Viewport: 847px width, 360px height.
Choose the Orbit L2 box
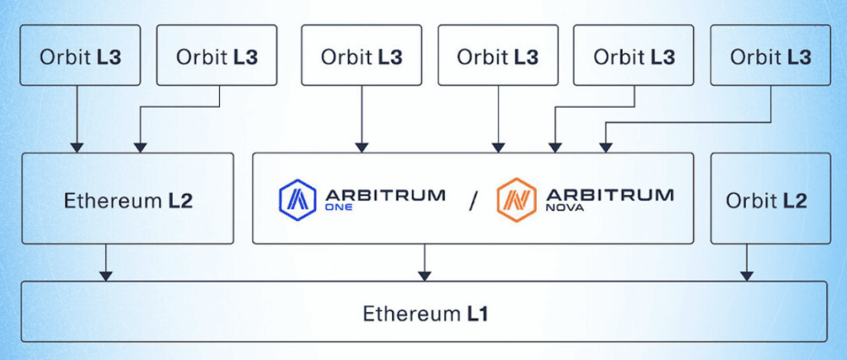coord(768,199)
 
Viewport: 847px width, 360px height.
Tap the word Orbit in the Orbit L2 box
coord(749,200)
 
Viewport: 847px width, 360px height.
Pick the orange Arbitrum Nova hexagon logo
coord(514,199)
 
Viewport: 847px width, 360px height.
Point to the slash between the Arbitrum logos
coord(472,200)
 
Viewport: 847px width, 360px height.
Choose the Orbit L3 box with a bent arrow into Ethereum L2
coord(217,56)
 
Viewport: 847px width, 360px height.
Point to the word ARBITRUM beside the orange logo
coord(610,195)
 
